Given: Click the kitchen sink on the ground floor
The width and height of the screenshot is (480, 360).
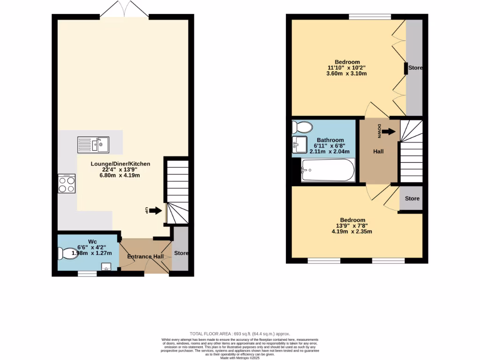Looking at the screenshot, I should point(93,145).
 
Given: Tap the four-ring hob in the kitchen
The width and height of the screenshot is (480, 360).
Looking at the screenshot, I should point(67,184).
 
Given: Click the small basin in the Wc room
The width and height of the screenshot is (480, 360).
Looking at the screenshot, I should point(106,267).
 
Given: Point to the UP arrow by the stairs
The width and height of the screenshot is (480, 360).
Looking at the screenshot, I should point(154,211).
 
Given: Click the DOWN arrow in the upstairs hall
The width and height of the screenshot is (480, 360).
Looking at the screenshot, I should point(388,132).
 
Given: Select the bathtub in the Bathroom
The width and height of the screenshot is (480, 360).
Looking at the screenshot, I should point(328,170).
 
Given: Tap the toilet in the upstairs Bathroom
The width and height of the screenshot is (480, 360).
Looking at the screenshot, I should point(301,127).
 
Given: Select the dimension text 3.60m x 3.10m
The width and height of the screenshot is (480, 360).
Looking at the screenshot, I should point(347,74).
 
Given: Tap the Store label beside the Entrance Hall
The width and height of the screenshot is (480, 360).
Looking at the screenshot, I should point(181,253).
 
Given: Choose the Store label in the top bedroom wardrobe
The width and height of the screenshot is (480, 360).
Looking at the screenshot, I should point(415,68).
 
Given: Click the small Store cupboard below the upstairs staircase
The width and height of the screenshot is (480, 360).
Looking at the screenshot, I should point(412,198).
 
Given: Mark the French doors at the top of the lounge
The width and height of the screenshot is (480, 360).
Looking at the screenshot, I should point(124,9).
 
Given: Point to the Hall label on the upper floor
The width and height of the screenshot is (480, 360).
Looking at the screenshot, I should point(378,152).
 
